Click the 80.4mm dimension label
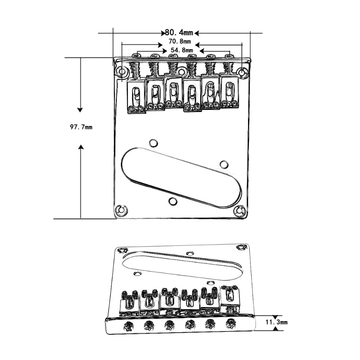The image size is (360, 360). (179, 33)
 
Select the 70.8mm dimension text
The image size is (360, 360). (180, 41)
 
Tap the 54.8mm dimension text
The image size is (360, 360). (182, 50)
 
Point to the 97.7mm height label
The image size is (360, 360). (81, 127)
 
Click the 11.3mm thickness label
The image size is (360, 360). (276, 322)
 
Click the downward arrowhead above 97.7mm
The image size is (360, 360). (80, 110)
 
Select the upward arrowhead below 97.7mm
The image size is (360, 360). (81, 147)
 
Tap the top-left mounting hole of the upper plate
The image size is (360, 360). (122, 72)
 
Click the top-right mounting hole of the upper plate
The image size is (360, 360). (243, 73)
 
